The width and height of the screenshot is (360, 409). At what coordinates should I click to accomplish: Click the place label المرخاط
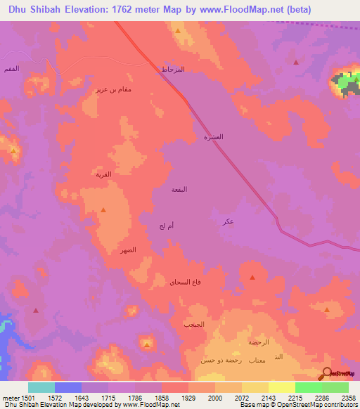click(172, 70)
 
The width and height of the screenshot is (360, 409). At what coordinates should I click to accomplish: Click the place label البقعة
click(179, 189)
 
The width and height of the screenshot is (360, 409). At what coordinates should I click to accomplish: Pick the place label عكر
click(228, 221)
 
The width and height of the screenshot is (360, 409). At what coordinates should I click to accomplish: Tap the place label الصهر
click(127, 249)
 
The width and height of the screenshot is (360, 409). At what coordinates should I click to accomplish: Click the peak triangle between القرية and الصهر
click(103, 209)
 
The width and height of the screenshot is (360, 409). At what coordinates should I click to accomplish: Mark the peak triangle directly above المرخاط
click(178, 32)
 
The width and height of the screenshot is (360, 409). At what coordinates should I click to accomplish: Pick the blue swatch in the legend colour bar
click(68, 387)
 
